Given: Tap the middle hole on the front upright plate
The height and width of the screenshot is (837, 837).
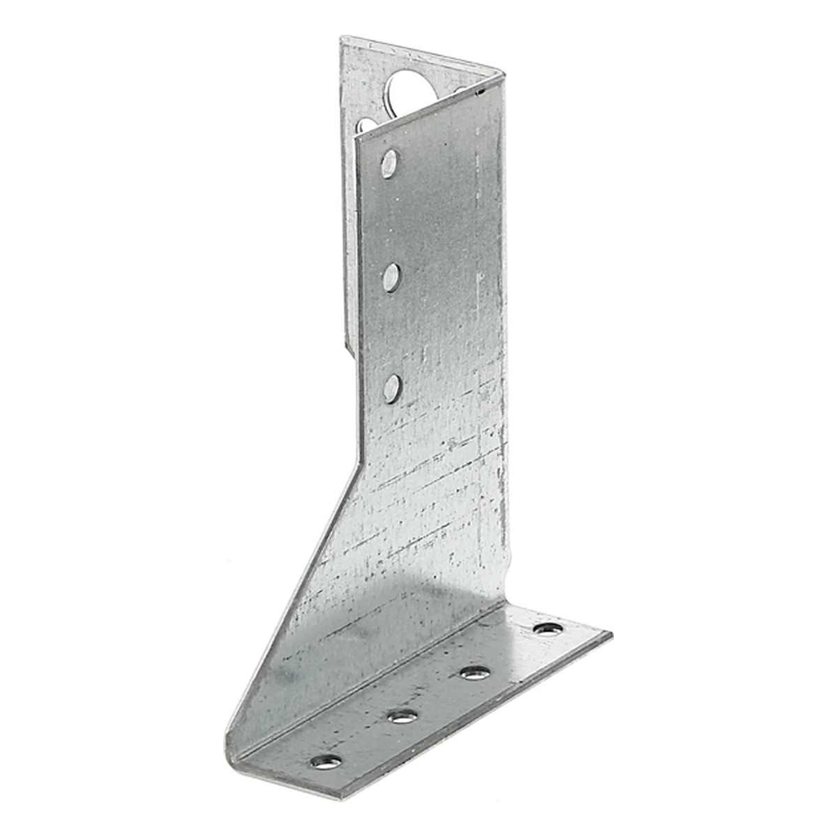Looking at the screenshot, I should [x=391, y=276].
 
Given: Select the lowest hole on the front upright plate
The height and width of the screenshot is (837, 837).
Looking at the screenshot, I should [x=393, y=387].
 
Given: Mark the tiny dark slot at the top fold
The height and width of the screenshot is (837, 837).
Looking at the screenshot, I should [x=479, y=91].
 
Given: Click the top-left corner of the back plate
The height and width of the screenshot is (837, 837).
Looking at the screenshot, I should [x=341, y=38].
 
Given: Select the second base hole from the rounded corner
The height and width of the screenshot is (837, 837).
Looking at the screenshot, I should [x=401, y=717].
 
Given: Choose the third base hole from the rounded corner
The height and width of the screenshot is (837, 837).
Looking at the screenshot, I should [x=474, y=673].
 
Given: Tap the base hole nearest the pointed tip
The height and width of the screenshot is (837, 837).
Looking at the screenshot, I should [x=548, y=629].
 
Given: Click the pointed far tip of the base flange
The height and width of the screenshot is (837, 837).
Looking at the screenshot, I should [x=611, y=634].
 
